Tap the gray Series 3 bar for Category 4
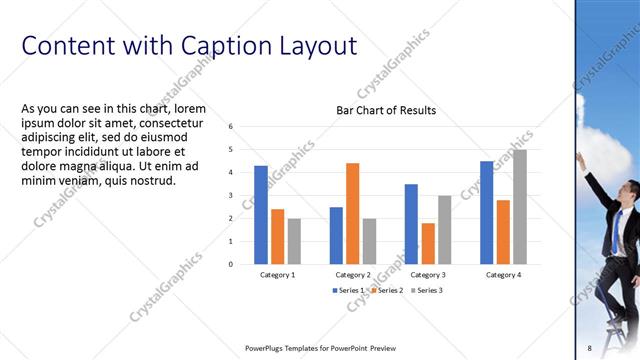click(x=519, y=206)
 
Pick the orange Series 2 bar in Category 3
click(x=428, y=243)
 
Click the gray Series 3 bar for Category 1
click(x=294, y=241)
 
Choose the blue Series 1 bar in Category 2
click(x=336, y=235)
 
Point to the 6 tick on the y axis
click(x=230, y=127)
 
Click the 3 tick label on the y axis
click(x=230, y=195)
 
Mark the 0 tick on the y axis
click(x=230, y=264)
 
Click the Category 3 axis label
click(x=428, y=274)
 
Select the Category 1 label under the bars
click(x=277, y=274)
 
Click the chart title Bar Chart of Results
click(x=384, y=110)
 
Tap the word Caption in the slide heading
click(x=214, y=46)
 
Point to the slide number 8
click(x=589, y=348)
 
